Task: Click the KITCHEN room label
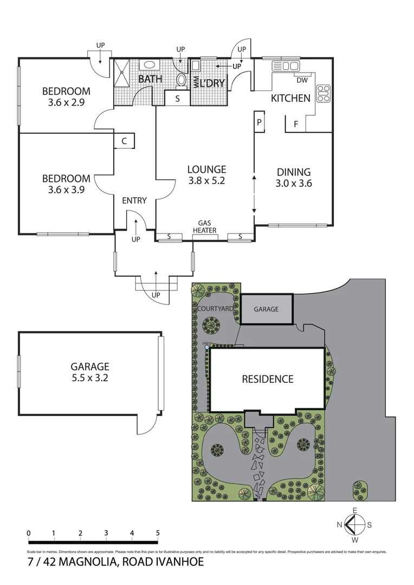pyautogui.click(x=290, y=98)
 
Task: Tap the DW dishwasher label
pyautogui.click(x=302, y=81)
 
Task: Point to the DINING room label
pyautogui.click(x=293, y=172)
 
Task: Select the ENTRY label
pyautogui.click(x=134, y=200)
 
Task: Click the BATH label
pyautogui.click(x=150, y=80)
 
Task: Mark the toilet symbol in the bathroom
pyautogui.click(x=182, y=80)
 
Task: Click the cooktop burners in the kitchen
pyautogui.click(x=324, y=94)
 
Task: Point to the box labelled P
pyautogui.click(x=260, y=122)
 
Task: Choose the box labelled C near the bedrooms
pyautogui.click(x=124, y=141)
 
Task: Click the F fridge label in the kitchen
pyautogui.click(x=295, y=124)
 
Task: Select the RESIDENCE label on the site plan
pyautogui.click(x=267, y=379)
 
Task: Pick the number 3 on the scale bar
pyautogui.click(x=106, y=533)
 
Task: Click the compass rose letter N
pyautogui.click(x=339, y=524)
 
